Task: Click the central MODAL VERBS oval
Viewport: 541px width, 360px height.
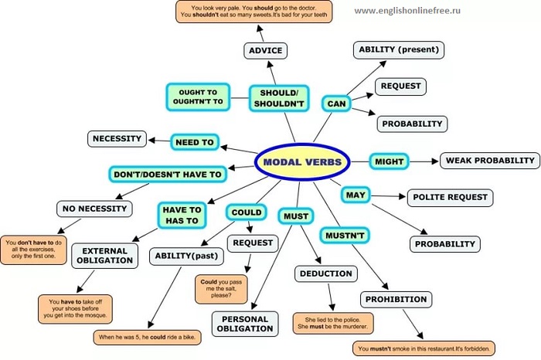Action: coord(302,162)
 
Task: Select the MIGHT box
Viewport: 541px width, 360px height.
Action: coord(389,161)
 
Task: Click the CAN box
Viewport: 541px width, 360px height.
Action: coord(336,103)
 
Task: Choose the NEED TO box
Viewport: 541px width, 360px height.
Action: coord(195,142)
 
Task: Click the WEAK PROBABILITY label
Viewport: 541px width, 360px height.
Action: coord(489,161)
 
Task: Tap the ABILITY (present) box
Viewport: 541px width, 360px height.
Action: coord(399,50)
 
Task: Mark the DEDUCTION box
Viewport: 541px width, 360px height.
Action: coord(325,273)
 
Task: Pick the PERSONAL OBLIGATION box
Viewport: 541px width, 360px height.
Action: coord(244,324)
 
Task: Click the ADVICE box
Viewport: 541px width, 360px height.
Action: coord(265,51)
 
